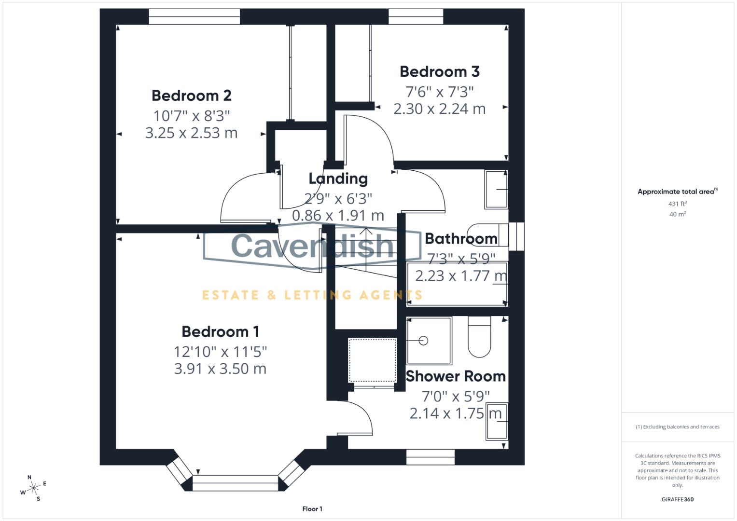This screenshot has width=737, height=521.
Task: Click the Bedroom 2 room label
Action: click(x=192, y=96)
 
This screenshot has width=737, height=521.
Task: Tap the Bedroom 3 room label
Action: click(x=439, y=72)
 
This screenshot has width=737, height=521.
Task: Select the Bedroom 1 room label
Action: click(x=220, y=332)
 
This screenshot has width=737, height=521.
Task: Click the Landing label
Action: click(x=338, y=178)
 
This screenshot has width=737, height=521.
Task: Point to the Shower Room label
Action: click(x=455, y=376)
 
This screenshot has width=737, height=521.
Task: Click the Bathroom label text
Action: click(x=461, y=239)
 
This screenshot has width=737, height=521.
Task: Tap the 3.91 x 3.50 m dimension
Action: click(x=220, y=369)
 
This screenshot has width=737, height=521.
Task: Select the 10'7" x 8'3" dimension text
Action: click(x=192, y=116)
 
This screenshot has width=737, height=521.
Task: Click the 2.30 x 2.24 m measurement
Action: click(x=439, y=109)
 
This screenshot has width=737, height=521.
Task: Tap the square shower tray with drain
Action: click(x=429, y=341)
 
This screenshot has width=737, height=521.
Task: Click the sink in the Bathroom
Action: click(x=496, y=189)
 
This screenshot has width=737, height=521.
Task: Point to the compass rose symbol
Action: click(x=33, y=488)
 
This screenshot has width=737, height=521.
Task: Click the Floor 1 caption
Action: click(x=312, y=509)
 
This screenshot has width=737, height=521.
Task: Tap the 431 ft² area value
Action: click(x=677, y=204)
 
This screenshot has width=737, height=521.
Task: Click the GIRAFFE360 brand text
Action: click(x=677, y=499)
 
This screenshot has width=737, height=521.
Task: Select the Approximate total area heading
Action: click(x=677, y=192)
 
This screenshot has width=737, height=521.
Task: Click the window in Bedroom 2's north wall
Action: click(x=194, y=17)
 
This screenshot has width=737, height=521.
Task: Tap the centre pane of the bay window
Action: click(x=236, y=483)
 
